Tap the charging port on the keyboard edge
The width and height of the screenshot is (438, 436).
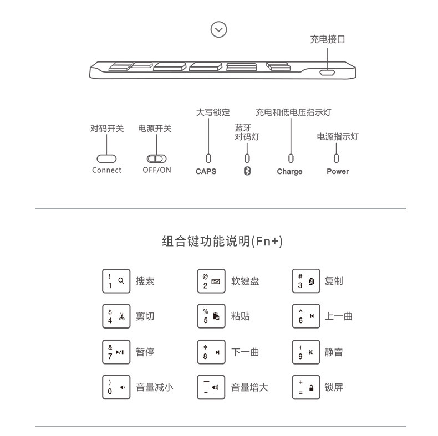pos(327,73)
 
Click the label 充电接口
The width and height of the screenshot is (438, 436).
pos(327,39)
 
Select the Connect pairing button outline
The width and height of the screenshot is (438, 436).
pos(106,158)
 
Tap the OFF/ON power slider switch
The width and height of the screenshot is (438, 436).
pos(156,158)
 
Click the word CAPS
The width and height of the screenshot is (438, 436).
pos(206,171)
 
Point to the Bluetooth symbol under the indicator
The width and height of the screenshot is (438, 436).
pos(248,171)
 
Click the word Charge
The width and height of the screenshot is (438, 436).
pos(289,171)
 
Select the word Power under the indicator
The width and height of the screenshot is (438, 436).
pos(338,171)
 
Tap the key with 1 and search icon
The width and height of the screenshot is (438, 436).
pos(116,281)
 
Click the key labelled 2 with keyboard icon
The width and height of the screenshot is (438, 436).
pos(211,281)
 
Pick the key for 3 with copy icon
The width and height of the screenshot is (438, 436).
pos(306,281)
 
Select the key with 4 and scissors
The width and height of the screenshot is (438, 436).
pos(116,316)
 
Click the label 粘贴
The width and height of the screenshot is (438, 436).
pos(241,316)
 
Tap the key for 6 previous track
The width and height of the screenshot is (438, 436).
pos(306,316)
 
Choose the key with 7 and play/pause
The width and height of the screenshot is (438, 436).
pos(116,352)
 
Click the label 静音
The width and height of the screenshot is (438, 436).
pos(334,352)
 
